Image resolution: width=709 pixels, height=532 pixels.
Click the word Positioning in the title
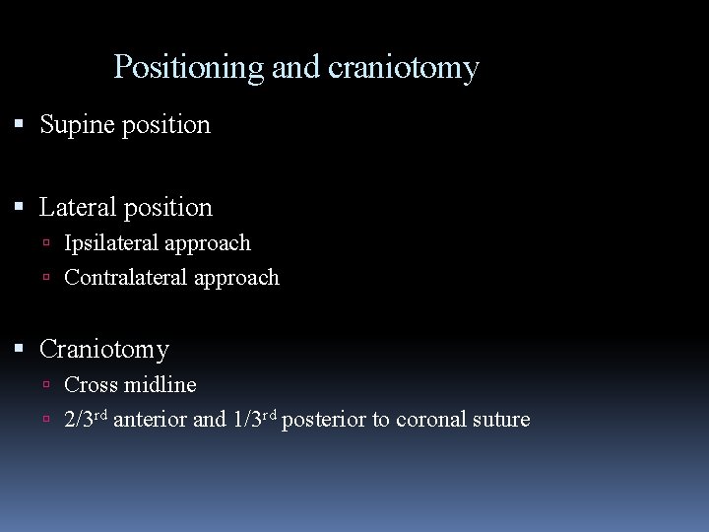point(189,68)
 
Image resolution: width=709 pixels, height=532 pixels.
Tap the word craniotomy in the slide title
point(403,68)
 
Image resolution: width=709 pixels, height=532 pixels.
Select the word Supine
point(76,125)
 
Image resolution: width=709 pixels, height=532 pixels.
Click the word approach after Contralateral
point(236,279)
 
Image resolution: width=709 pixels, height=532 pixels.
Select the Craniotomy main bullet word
point(103,350)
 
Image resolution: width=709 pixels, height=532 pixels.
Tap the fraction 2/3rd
point(86,420)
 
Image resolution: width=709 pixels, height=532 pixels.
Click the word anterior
point(150,421)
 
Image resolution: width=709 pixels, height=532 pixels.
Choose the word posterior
point(324,421)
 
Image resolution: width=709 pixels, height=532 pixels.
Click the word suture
point(503,421)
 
